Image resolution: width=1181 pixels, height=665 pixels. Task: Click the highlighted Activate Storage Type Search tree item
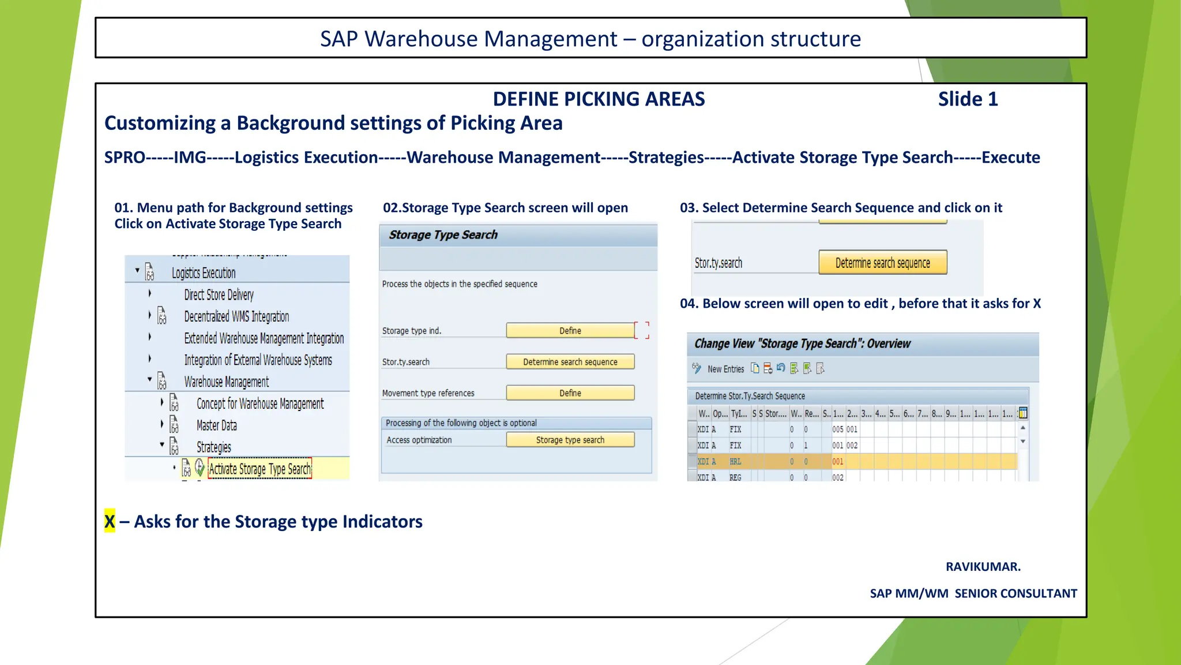259,469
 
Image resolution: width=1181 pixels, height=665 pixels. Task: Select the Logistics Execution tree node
204,273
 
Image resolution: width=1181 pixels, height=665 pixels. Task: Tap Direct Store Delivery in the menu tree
219,295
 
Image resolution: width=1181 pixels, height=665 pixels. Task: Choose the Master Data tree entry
216,425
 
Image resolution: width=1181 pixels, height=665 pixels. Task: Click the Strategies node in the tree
213,447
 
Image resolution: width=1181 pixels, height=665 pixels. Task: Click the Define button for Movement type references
570,393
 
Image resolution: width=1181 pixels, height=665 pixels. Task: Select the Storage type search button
570,440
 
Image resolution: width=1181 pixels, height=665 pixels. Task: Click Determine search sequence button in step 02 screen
570,362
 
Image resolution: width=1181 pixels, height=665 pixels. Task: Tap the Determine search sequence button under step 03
882,263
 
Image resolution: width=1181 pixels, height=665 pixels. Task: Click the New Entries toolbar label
725,369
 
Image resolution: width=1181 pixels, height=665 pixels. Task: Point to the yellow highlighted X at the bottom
110,521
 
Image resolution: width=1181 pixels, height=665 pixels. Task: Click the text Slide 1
968,99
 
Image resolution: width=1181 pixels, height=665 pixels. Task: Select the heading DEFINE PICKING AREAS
599,99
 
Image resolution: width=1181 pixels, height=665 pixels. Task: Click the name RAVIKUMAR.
983,567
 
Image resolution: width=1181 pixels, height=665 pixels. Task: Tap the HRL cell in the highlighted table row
735,462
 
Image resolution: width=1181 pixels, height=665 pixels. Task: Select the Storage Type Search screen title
443,235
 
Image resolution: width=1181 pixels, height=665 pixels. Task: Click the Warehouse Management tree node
226,382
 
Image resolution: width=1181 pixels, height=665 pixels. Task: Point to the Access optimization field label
419,440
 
